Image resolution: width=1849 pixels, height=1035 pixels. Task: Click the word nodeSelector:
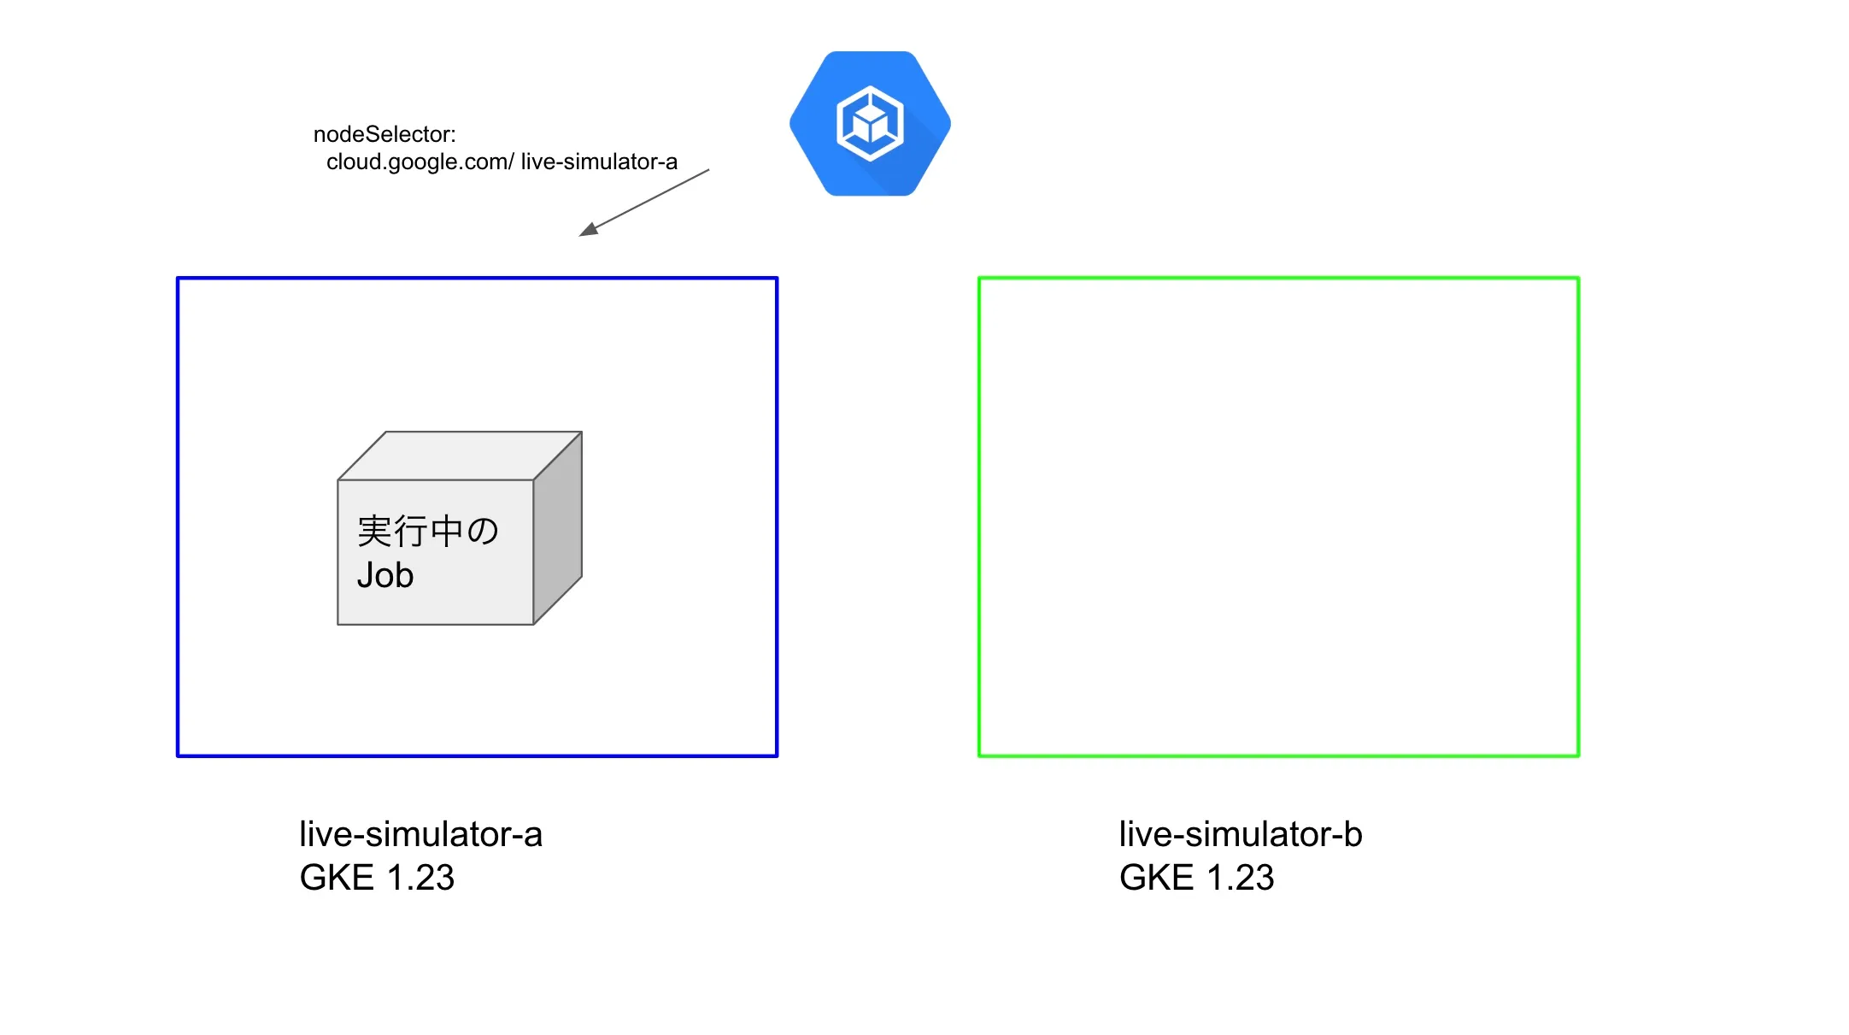click(x=384, y=134)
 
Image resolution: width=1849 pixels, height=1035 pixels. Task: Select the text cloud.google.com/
click(x=420, y=162)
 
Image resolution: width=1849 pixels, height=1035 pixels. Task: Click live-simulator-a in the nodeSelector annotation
click(x=599, y=162)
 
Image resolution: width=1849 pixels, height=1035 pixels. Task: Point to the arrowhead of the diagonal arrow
click(x=587, y=231)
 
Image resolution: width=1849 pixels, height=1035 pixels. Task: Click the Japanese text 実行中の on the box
click(x=427, y=531)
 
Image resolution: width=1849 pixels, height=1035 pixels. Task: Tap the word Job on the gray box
click(x=385, y=575)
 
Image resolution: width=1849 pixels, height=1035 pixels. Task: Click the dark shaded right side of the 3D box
click(x=558, y=528)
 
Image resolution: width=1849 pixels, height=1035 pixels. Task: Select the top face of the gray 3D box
click(x=460, y=456)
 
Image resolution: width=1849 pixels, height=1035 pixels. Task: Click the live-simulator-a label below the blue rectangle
click(x=420, y=834)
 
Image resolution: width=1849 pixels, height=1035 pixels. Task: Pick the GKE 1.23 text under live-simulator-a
click(x=377, y=878)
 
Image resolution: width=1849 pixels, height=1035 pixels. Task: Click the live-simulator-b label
click(x=1241, y=834)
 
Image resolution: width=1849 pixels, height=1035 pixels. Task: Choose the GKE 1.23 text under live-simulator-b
click(x=1196, y=878)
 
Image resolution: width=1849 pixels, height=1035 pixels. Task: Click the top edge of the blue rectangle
click(x=477, y=278)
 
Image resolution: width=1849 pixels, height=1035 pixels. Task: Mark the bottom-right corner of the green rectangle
click(x=1578, y=756)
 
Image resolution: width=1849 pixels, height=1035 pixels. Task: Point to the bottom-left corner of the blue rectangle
click(x=178, y=756)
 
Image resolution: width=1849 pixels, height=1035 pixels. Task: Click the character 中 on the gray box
click(x=446, y=531)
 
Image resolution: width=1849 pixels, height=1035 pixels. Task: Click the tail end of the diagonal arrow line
click(x=707, y=170)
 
